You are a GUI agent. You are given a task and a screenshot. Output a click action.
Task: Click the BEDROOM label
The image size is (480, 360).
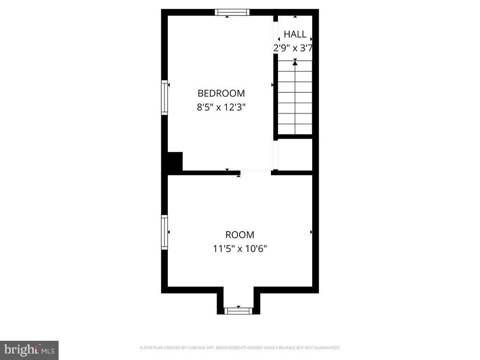tap(221, 93)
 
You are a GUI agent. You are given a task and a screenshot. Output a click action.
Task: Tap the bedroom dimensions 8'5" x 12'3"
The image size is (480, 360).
tap(221, 107)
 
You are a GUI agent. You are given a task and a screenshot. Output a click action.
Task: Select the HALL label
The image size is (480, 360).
tap(295, 34)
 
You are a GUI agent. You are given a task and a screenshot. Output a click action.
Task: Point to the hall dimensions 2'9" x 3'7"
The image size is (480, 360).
tap(293, 48)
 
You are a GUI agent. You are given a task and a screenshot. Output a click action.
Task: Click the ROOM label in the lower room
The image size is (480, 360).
tap(240, 235)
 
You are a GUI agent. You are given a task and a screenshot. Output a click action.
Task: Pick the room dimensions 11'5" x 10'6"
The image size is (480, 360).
tap(240, 249)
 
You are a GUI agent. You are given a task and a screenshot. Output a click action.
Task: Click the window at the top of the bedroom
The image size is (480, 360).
tap(232, 12)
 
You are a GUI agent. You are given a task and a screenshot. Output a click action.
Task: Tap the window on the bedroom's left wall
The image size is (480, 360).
tap(165, 97)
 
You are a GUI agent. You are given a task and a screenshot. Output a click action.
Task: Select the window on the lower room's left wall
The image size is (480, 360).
tap(165, 232)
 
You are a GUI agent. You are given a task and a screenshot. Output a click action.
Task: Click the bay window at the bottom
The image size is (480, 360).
tap(239, 310)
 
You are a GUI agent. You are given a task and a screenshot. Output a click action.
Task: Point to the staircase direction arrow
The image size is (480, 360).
tap(295, 62)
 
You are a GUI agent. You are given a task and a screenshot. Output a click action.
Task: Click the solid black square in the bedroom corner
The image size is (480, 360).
tap(175, 161)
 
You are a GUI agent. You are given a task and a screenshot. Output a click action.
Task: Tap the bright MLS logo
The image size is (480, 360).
tap(29, 350)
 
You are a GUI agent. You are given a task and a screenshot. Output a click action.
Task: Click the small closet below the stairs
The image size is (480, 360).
tap(295, 155)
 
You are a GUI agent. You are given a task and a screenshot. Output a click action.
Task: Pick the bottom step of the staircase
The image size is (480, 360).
tap(295, 129)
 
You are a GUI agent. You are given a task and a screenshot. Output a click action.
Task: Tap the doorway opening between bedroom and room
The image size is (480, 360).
tap(256, 172)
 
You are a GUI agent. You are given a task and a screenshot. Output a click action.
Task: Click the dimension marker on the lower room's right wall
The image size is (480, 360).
tap(311, 232)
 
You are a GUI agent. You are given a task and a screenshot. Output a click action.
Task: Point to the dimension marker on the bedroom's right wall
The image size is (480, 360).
tap(272, 85)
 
